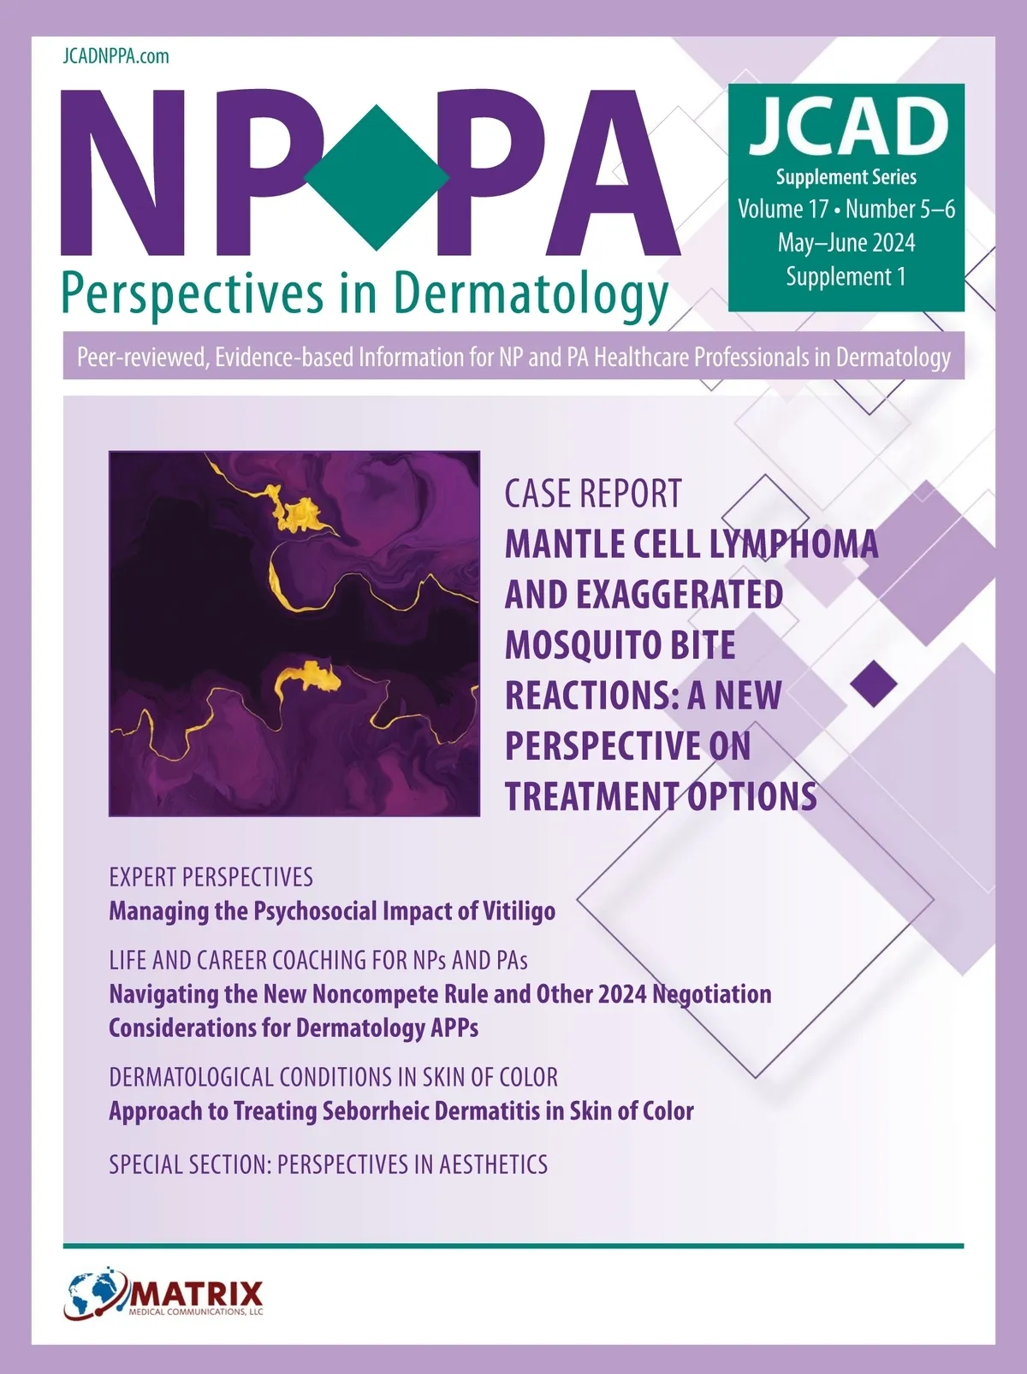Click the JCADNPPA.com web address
pyautogui.click(x=116, y=56)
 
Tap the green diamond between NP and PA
pyautogui.click(x=377, y=178)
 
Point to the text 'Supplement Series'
pyautogui.click(x=846, y=177)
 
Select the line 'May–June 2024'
pyautogui.click(x=846, y=242)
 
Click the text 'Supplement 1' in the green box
pyautogui.click(x=846, y=276)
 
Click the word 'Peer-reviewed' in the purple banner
pyautogui.click(x=142, y=358)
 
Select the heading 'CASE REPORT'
pyautogui.click(x=593, y=494)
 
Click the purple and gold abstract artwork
pyautogui.click(x=294, y=633)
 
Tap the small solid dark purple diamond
pyautogui.click(x=874, y=683)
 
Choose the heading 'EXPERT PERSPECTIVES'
pyautogui.click(x=211, y=877)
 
